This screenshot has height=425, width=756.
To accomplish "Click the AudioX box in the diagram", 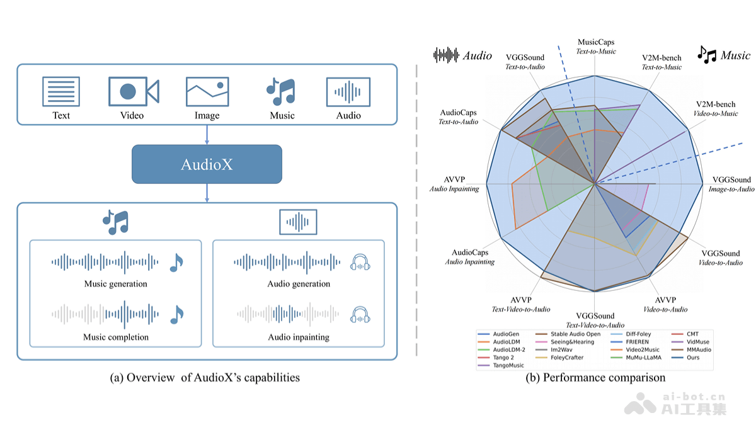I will tap(207, 164).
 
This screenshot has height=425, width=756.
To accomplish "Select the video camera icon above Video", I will tap(133, 91).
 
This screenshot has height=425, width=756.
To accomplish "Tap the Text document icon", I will tap(61, 91).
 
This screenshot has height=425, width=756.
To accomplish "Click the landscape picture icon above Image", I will tap(207, 92).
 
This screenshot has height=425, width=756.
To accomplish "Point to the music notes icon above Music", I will tap(282, 91).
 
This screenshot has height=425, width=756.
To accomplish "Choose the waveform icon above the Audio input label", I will tap(348, 92).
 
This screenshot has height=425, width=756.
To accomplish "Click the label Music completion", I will tap(116, 337).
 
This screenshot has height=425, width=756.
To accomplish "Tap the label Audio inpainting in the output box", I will tap(298, 337).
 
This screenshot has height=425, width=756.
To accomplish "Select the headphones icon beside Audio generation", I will tap(360, 262).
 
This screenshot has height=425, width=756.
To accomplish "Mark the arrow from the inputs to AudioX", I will tap(207, 135).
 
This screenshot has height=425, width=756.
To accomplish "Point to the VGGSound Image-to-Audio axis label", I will tap(731, 184).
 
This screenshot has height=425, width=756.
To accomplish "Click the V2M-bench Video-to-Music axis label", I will tap(716, 109).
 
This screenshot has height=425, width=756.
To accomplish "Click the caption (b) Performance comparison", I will tap(595, 378).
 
